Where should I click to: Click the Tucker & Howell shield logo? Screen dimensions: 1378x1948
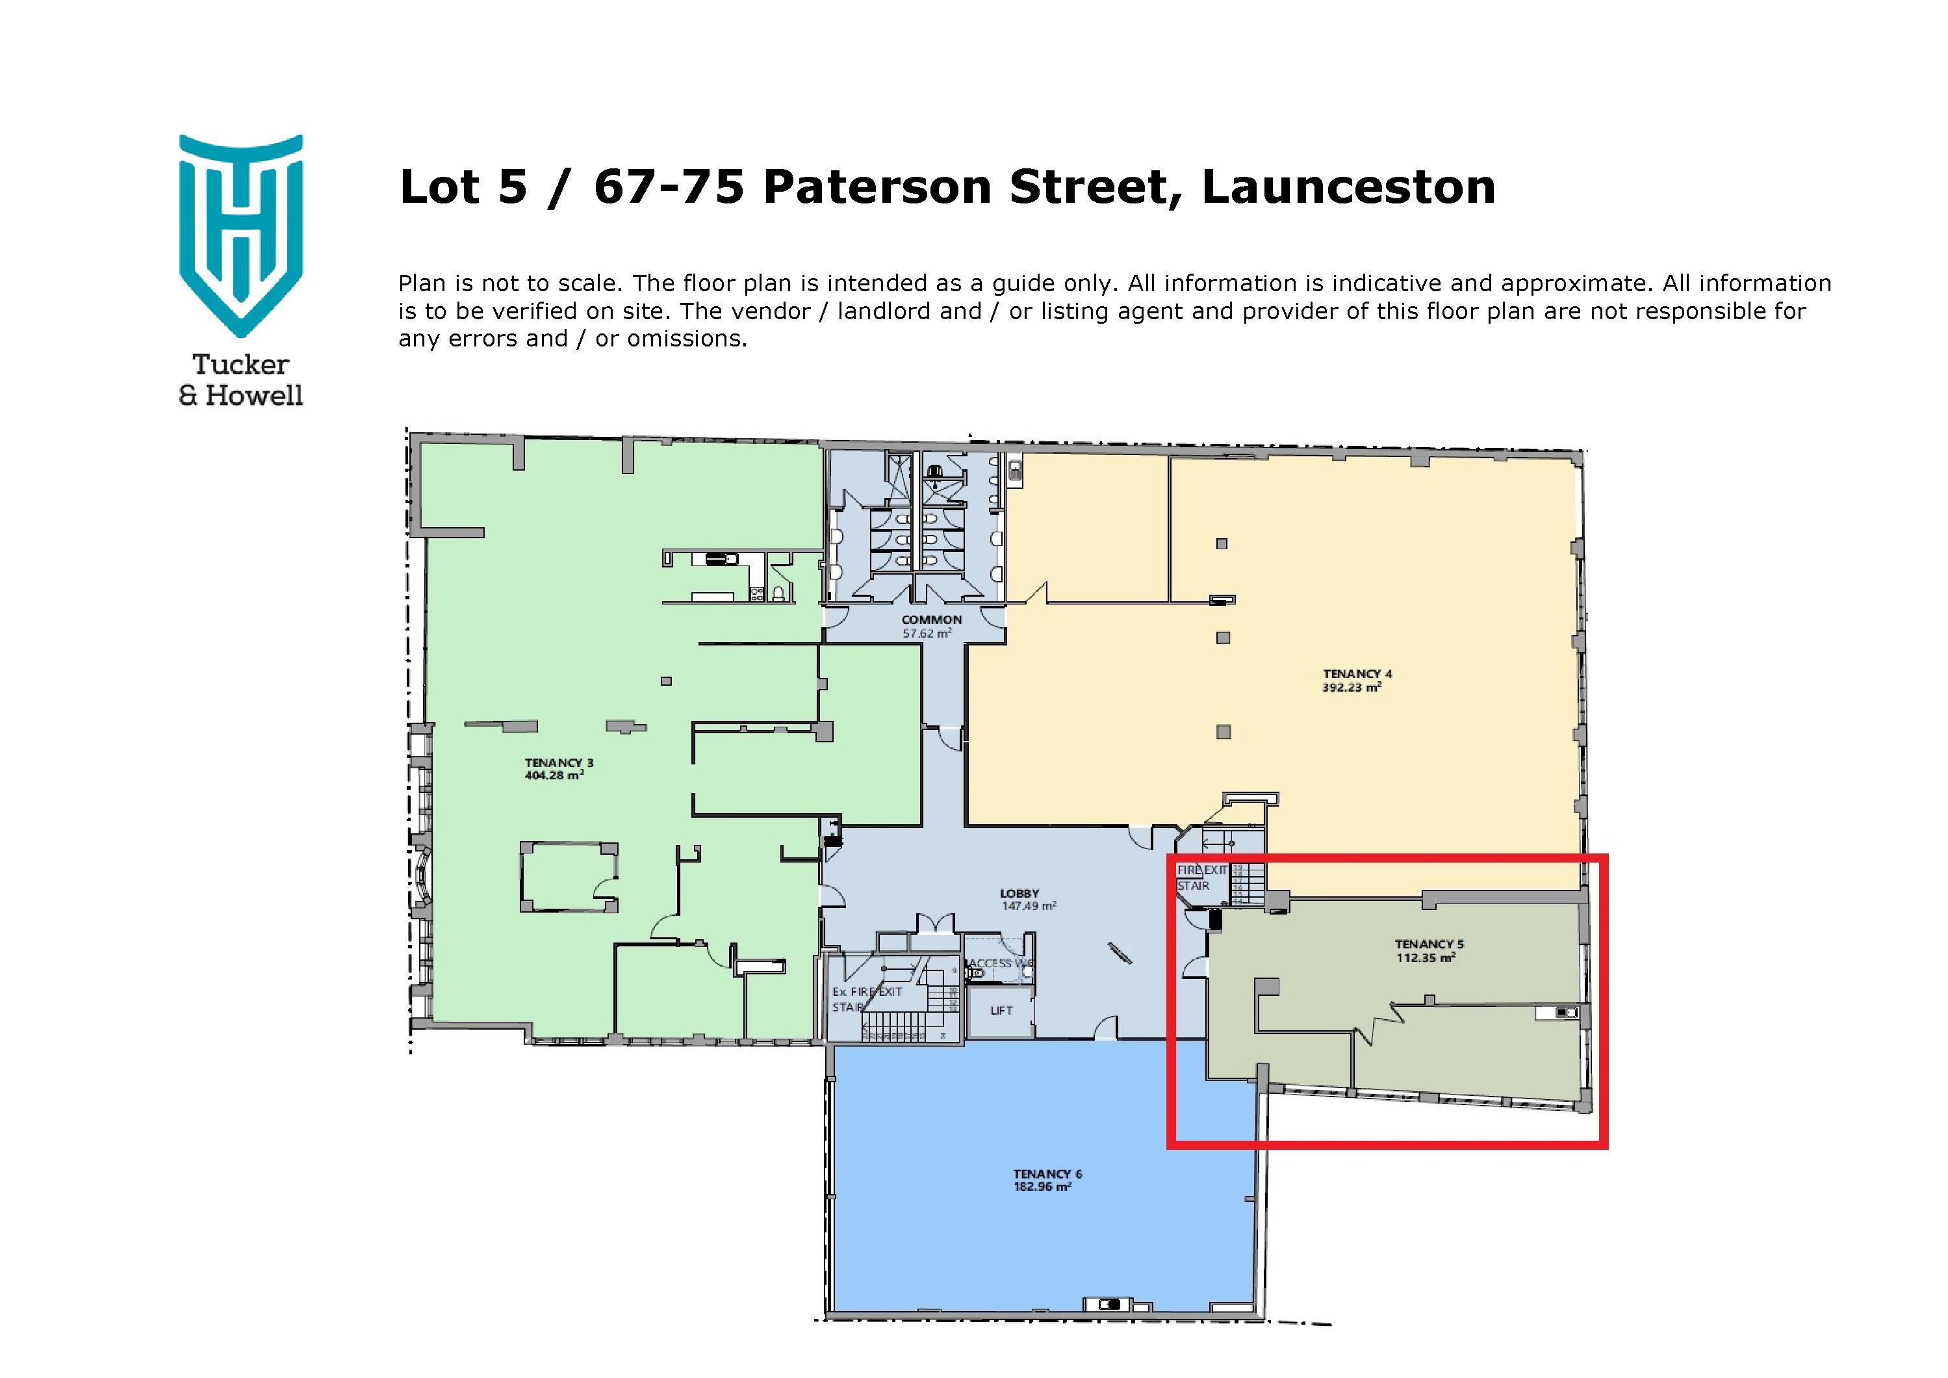pos(241,234)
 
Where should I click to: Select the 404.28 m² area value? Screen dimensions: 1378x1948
pos(553,775)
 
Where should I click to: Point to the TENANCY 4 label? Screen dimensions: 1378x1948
pos(1357,675)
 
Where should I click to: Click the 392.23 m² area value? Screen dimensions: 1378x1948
pos(1352,687)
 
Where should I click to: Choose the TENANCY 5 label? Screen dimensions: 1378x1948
pos(1429,944)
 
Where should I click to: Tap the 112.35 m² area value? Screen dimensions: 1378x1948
pos(1426,958)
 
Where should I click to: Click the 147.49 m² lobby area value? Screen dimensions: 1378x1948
pos(1029,906)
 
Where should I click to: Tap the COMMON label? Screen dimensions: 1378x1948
pos(932,620)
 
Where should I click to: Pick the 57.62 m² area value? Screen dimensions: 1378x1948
pos(927,633)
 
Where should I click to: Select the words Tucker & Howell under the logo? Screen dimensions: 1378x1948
pos(241,380)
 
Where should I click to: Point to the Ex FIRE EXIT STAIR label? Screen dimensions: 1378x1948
pos(865,998)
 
